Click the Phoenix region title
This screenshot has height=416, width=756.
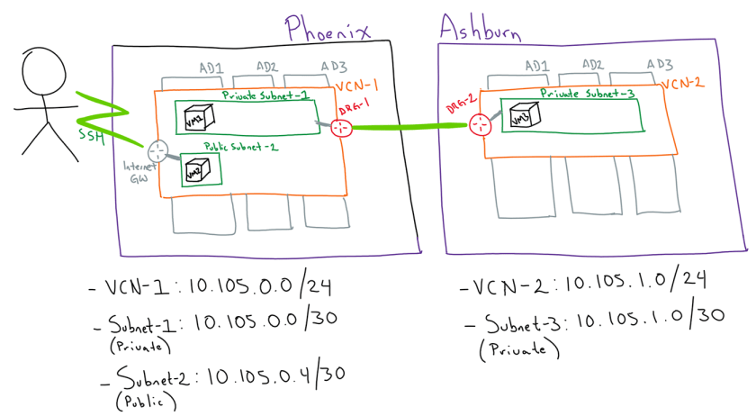click(328, 29)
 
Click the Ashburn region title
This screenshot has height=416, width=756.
click(481, 30)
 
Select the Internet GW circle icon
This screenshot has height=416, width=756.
click(159, 151)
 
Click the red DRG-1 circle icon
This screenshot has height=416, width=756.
click(339, 128)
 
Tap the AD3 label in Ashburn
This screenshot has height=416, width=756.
click(660, 64)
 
